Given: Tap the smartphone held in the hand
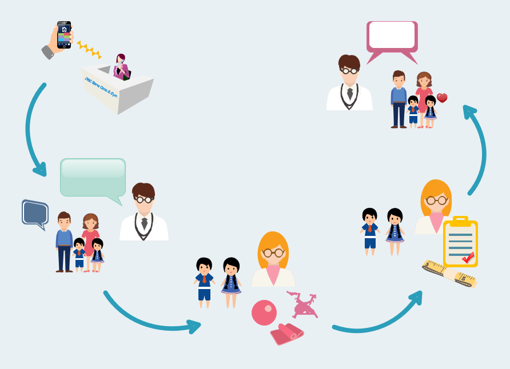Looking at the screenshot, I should point(64,35).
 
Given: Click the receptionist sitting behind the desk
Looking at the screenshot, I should point(121,68).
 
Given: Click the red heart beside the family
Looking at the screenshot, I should point(442,98).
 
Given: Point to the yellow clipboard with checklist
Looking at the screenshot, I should point(460,242).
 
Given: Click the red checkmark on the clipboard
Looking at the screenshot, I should point(468,258).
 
